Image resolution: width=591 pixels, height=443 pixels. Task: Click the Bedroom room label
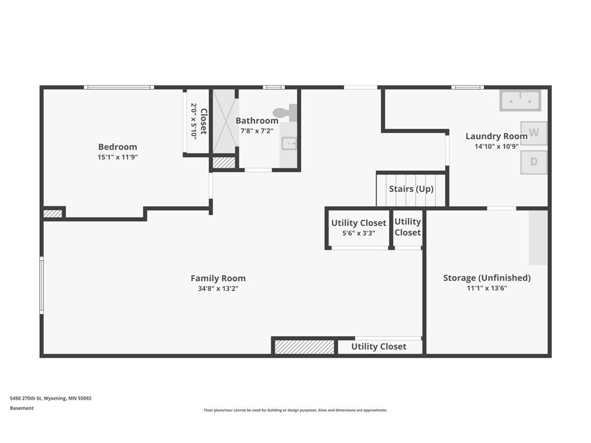tap(118, 147)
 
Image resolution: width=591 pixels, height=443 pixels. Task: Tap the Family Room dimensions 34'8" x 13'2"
tap(218, 288)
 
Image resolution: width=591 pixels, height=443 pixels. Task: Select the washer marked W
tap(534, 133)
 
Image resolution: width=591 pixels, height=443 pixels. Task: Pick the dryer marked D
tap(534, 162)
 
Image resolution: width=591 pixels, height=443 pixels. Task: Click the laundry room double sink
tap(520, 100)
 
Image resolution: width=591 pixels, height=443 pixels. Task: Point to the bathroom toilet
tap(285, 112)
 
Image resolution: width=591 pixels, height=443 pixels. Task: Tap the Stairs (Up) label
tap(411, 189)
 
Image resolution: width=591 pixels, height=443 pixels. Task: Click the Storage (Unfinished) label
tap(487, 278)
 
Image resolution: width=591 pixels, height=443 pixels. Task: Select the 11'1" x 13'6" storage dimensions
tap(487, 288)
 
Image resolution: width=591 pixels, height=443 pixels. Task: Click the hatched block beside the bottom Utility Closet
tap(304, 347)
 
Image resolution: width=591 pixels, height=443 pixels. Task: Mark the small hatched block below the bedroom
tap(53, 213)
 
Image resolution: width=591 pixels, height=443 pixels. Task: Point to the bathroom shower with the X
tap(225, 121)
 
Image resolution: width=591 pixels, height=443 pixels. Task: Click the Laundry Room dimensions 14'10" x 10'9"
tap(496, 146)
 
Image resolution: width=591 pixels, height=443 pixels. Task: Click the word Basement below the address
tap(22, 408)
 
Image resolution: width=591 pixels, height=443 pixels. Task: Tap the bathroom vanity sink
tap(289, 143)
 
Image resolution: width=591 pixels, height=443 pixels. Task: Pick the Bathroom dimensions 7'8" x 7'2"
tap(257, 131)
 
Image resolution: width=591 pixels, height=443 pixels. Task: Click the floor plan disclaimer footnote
tap(295, 410)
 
